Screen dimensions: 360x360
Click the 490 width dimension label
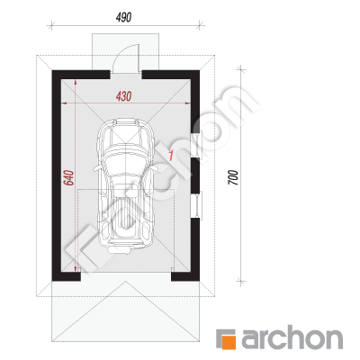[123, 17]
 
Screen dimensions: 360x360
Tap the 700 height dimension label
[233, 177]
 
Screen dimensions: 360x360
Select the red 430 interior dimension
[123, 96]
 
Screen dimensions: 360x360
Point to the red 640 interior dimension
[68, 177]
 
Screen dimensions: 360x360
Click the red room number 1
[171, 156]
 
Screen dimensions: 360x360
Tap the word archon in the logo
[292, 339]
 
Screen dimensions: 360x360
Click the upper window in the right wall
[197, 146]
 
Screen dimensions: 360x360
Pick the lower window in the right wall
[197, 204]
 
